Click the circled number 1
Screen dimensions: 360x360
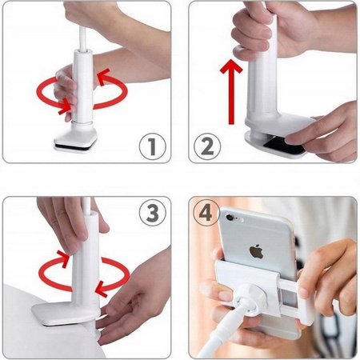(x=152, y=146)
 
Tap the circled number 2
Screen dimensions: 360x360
(x=207, y=146)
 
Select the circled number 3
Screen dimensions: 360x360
(x=152, y=213)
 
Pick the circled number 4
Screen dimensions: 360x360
(x=206, y=213)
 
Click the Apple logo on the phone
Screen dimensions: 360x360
(x=256, y=252)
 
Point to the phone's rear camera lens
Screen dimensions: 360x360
(x=230, y=217)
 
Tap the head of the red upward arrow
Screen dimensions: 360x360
(x=231, y=66)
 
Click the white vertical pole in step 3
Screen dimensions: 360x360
(x=86, y=258)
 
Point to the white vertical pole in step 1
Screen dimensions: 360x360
(x=82, y=86)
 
